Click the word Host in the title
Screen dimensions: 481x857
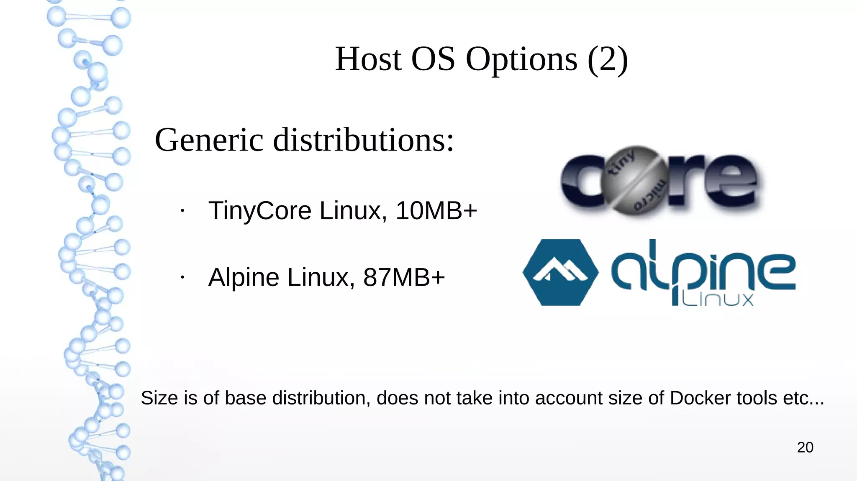(368, 59)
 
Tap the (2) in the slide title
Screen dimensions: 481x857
(608, 59)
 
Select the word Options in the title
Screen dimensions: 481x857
(522, 59)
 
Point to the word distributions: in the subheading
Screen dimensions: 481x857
(363, 140)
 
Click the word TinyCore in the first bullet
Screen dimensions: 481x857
(259, 210)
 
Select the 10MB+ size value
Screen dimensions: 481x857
(436, 210)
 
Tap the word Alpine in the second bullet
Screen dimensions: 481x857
(244, 277)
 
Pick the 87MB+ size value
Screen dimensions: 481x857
(404, 277)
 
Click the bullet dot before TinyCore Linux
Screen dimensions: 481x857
(182, 211)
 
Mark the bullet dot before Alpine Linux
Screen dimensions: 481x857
(182, 277)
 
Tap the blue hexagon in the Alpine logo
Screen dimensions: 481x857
(560, 272)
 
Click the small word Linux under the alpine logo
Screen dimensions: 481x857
(717, 299)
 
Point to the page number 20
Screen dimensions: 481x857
(805, 448)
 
